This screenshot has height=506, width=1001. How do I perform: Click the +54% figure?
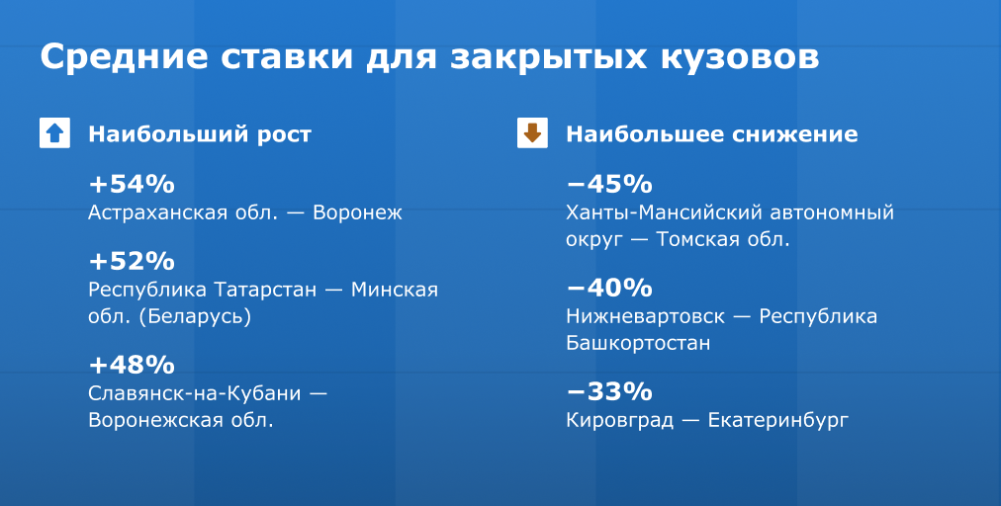coord(132,184)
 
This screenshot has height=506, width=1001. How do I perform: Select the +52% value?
coord(132,261)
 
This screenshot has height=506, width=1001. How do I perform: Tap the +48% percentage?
coord(132,365)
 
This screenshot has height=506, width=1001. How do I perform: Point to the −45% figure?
coord(609,184)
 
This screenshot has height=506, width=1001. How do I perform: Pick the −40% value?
coord(609,288)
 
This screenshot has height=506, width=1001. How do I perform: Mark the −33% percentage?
coord(609,390)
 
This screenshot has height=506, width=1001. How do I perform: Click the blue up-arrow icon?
coord(55,132)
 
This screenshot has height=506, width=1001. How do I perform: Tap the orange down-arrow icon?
coord(532,132)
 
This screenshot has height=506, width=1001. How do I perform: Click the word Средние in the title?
coord(125,57)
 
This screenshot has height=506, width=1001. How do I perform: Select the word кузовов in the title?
coord(740,57)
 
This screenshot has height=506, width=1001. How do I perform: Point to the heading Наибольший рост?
coord(200,134)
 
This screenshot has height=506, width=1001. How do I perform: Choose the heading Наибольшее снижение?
coord(712,134)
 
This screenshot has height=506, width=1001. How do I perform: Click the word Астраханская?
coord(183,212)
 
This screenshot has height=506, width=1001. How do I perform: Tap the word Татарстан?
coord(265,290)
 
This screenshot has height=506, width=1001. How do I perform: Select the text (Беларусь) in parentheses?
coord(195,316)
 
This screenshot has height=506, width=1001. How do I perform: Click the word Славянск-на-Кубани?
coord(195,393)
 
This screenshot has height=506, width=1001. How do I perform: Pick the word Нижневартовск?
coord(646,316)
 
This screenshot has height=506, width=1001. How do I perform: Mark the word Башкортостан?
coord(638,343)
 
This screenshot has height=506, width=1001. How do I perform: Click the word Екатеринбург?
coord(778,420)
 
